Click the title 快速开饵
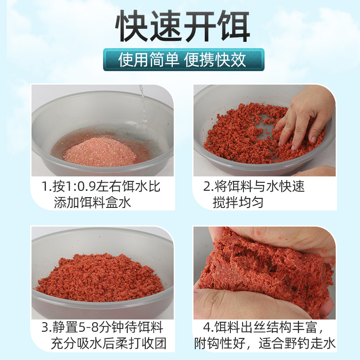pos(182,26)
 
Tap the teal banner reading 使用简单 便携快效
pos(184,60)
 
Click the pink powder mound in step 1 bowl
pos(99,152)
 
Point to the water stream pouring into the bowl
pos(143,108)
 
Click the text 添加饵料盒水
pos(93,202)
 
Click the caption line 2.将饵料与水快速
pos(254,186)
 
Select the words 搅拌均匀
pos(238,202)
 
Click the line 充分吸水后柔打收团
pos(108,344)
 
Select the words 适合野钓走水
pos(297,344)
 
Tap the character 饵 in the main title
pos(233,26)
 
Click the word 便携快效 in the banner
pos(216,60)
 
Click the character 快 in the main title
pos(131,26)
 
